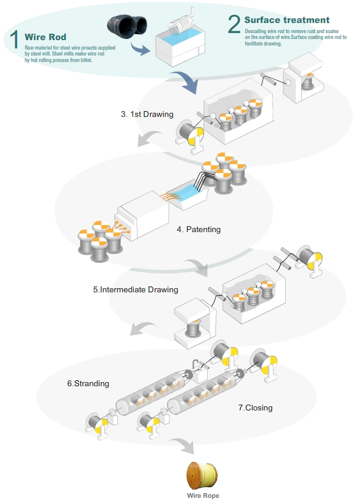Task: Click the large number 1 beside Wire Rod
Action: click(x=14, y=40)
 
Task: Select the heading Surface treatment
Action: click(x=287, y=20)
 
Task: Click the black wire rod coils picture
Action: click(x=126, y=27)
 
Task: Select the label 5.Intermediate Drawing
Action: click(x=136, y=290)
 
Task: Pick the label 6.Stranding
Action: click(x=88, y=383)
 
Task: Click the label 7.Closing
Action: click(x=255, y=408)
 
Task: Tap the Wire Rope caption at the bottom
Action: click(x=202, y=496)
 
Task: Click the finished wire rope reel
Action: click(x=202, y=475)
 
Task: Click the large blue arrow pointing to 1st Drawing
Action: click(x=185, y=82)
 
